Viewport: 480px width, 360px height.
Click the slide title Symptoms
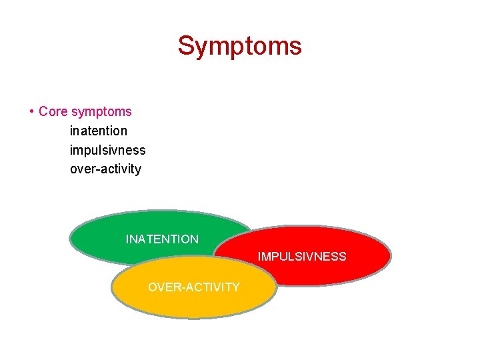click(x=239, y=46)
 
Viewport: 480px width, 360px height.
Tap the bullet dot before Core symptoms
click(x=31, y=111)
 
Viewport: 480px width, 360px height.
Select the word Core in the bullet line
click(x=53, y=111)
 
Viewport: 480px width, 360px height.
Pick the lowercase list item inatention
click(x=98, y=131)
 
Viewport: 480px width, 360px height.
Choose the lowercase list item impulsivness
click(x=107, y=150)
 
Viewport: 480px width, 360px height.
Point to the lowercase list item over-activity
click(x=105, y=169)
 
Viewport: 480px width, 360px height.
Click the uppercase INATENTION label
click(x=162, y=239)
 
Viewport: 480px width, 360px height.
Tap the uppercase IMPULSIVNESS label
click(x=302, y=257)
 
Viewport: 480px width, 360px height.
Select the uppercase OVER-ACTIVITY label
click(x=193, y=287)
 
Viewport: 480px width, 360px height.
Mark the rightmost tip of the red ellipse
click(x=391, y=256)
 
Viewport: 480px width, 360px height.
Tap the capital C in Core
click(x=43, y=111)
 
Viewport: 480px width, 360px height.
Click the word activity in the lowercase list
click(x=120, y=169)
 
